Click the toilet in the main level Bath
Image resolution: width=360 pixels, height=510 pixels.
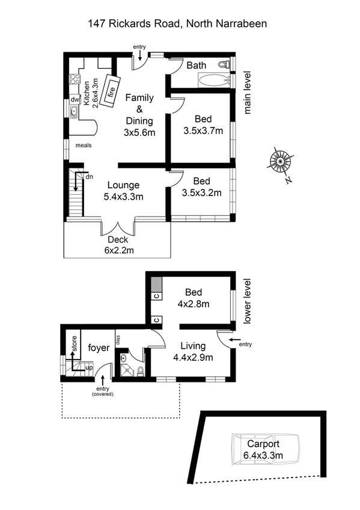(x=224, y=64)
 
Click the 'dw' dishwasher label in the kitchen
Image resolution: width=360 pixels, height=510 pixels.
(x=75, y=100)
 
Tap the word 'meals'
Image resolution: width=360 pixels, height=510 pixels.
(x=84, y=145)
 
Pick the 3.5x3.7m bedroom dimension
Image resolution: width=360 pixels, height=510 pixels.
(x=203, y=131)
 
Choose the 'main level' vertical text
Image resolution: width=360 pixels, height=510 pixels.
(x=247, y=93)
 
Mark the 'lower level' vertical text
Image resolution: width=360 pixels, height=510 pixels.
(x=247, y=301)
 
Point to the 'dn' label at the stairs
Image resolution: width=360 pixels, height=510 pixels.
(x=89, y=177)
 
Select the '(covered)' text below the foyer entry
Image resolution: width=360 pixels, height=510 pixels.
(x=103, y=394)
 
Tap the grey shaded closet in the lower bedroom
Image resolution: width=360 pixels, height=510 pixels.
(x=156, y=284)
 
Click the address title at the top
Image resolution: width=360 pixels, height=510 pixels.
(x=177, y=24)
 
